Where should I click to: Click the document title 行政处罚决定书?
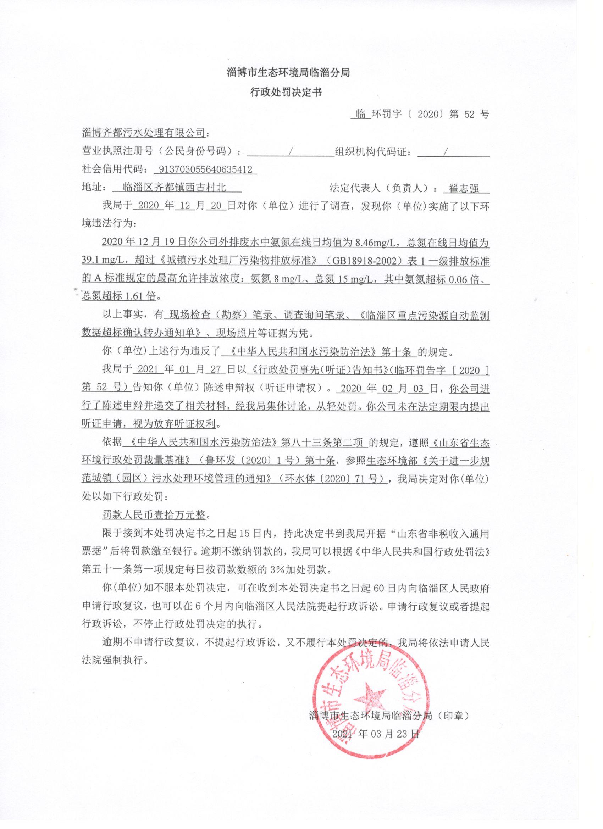pos(286,93)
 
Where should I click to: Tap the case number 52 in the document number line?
pos(469,115)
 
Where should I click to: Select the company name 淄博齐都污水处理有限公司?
pos(143,133)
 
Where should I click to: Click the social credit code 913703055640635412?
pos(205,169)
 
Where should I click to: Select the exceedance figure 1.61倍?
pos(140,296)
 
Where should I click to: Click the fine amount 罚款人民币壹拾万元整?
pos(154,516)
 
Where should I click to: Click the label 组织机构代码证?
pos(371,151)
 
